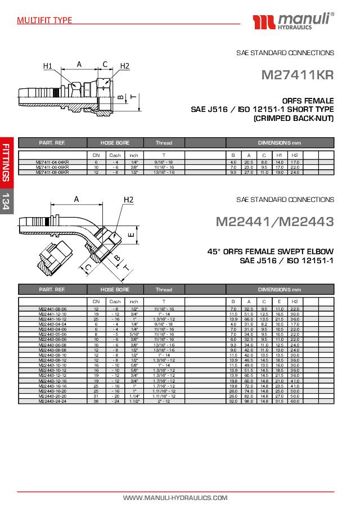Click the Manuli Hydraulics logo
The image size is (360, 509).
(x=294, y=21)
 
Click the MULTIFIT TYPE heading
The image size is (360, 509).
(x=44, y=20)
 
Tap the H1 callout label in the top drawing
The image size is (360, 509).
(x=48, y=66)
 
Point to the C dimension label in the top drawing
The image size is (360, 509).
(x=105, y=64)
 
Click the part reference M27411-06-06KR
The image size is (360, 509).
(x=52, y=167)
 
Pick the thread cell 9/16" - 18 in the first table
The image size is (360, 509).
(x=164, y=163)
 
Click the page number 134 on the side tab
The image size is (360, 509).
(x=6, y=201)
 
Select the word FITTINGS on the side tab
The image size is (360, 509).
(x=6, y=163)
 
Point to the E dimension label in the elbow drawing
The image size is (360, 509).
(x=130, y=235)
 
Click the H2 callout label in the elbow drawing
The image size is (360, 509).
(x=128, y=200)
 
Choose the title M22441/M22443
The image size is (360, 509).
(x=274, y=222)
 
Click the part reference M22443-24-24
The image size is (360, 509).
(x=52, y=400)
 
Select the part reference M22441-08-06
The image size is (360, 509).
(x=52, y=309)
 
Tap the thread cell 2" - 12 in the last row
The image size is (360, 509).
(x=164, y=400)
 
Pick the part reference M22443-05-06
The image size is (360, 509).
(x=52, y=334)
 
